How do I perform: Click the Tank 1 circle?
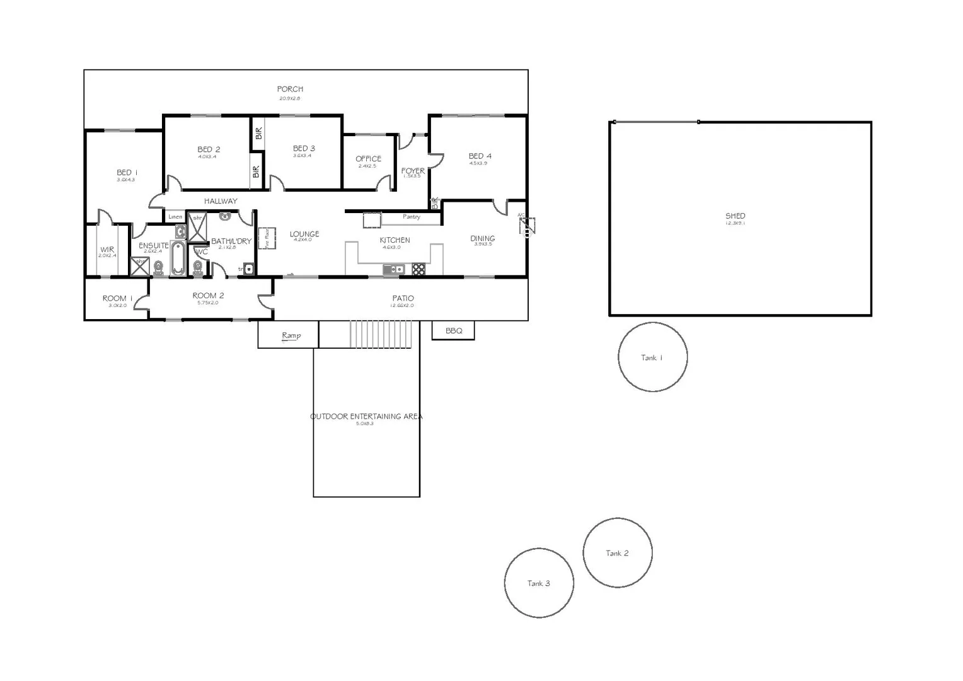(x=652, y=357)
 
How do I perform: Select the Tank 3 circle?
(x=539, y=583)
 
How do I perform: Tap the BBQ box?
(x=453, y=330)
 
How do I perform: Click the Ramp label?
(x=291, y=335)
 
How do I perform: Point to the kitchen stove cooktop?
(x=418, y=269)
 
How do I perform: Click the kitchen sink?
(x=393, y=269)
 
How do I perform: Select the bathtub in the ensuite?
(x=178, y=258)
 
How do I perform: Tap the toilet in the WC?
(x=199, y=269)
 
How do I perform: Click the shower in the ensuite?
(x=139, y=266)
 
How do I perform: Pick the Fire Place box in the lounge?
(x=267, y=238)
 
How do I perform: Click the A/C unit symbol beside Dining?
(x=527, y=226)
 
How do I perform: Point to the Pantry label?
(x=411, y=217)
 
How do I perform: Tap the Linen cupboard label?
(x=175, y=217)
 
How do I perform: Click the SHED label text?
(x=735, y=216)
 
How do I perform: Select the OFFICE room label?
(x=368, y=159)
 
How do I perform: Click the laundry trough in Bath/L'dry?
(x=248, y=269)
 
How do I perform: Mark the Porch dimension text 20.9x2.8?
(x=290, y=98)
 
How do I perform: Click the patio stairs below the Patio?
(x=381, y=334)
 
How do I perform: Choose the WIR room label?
(x=107, y=250)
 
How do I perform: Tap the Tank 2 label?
(x=617, y=553)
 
